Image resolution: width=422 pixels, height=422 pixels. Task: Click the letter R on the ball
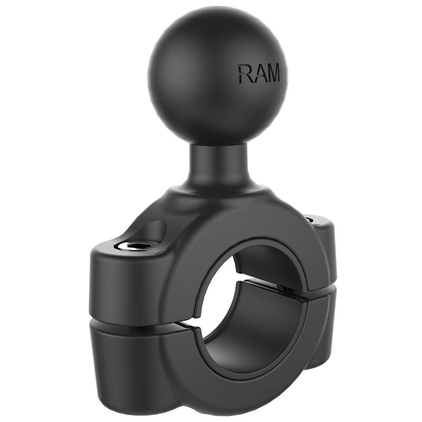(x=244, y=74)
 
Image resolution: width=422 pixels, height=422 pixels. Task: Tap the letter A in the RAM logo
(x=257, y=74)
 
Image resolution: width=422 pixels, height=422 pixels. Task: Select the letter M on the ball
(x=273, y=74)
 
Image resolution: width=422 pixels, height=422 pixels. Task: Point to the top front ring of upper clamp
(x=248, y=232)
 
